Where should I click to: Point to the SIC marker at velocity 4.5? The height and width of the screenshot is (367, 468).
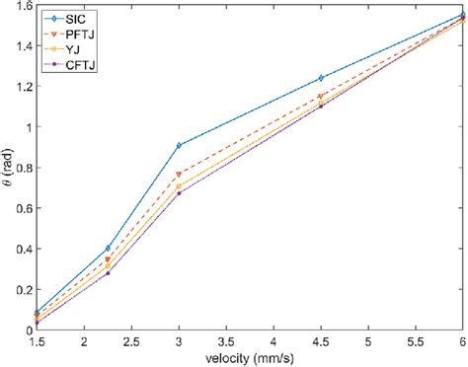pos(321,78)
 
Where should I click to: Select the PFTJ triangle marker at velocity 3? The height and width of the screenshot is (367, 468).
pos(179,175)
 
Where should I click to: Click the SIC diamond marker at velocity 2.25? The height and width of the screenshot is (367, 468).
pos(108,249)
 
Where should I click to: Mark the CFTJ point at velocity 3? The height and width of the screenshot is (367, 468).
pos(179,193)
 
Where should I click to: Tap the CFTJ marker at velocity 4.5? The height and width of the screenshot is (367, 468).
pos(321,106)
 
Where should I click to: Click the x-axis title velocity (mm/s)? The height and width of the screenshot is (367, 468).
pos(250,358)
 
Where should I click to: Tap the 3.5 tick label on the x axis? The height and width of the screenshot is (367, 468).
pos(226,341)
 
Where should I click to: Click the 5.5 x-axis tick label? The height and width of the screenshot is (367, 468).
pos(416,341)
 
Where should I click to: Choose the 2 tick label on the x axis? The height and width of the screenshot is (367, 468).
pos(84,341)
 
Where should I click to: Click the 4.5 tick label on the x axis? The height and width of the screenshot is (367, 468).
pos(321,341)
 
